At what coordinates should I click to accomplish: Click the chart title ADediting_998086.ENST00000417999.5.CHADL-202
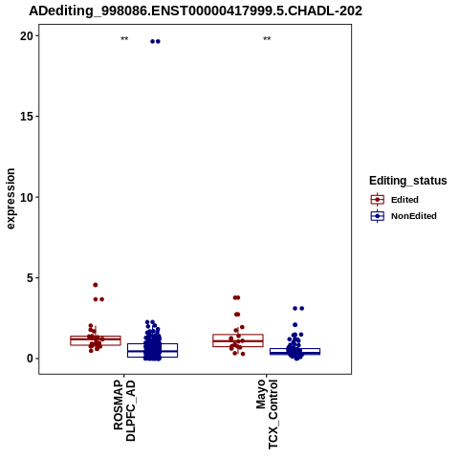[195, 11]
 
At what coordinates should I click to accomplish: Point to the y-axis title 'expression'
[11, 199]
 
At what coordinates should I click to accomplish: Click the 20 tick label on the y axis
[27, 36]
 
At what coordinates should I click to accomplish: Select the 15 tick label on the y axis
[27, 117]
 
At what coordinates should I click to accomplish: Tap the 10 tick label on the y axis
[27, 197]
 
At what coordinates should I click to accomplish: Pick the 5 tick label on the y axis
[30, 278]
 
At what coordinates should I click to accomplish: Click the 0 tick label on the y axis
[30, 359]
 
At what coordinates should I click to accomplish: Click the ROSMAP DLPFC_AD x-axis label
[124, 410]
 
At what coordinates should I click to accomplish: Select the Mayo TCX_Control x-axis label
[267, 414]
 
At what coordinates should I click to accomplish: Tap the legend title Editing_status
[408, 181]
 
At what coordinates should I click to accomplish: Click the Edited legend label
[404, 200]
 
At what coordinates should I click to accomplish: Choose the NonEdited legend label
[414, 216]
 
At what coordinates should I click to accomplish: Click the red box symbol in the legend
[378, 200]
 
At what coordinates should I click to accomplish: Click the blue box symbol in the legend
[378, 216]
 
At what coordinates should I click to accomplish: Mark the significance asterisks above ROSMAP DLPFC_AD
[124, 39]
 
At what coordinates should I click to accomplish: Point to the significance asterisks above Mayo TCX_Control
[267, 39]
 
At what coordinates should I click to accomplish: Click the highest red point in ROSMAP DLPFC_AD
[96, 285]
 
